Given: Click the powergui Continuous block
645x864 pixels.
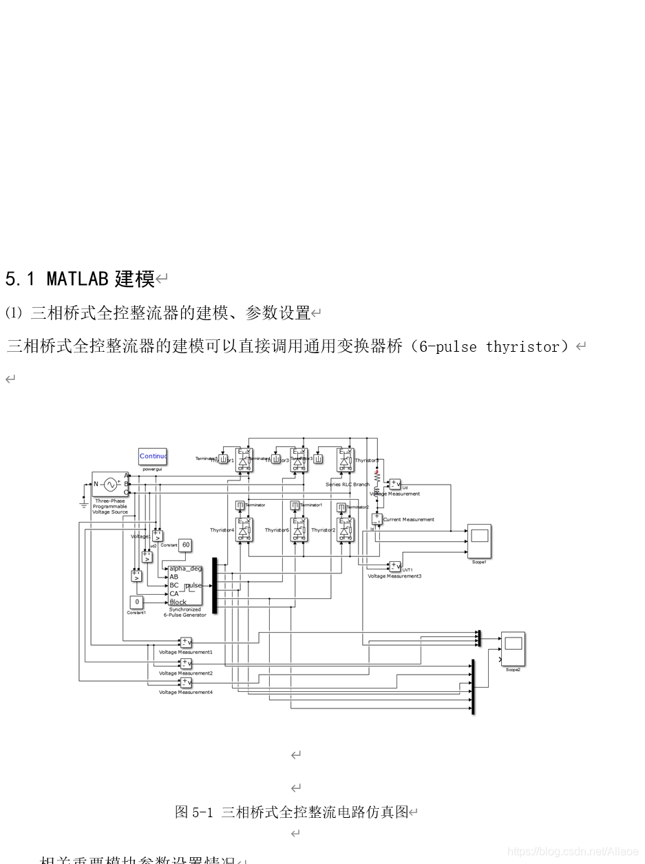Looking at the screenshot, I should pyautogui.click(x=153, y=456).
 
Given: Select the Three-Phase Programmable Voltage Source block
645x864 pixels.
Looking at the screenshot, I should pyautogui.click(x=110, y=484).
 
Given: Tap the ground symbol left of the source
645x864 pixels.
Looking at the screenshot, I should pyautogui.click(x=84, y=505).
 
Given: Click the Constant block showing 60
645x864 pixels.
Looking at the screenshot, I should pyautogui.click(x=185, y=545).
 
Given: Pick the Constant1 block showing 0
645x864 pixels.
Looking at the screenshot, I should pyautogui.click(x=137, y=602).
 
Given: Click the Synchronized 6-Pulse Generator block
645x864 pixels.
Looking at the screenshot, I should pyautogui.click(x=185, y=585).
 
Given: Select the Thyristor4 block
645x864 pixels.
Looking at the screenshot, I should pyautogui.click(x=244, y=530).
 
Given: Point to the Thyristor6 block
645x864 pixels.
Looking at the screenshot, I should pyautogui.click(x=299, y=530).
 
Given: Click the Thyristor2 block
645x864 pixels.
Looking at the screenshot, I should pyautogui.click(x=346, y=530).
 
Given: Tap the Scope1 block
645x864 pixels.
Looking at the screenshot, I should pyautogui.click(x=479, y=541).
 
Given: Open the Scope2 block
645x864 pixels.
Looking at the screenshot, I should pyautogui.click(x=513, y=649).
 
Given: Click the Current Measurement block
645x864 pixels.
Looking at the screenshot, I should pyautogui.click(x=377, y=519).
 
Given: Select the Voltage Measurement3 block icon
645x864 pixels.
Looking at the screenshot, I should pyautogui.click(x=394, y=567).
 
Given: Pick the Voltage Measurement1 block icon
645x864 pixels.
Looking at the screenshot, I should pyautogui.click(x=186, y=642).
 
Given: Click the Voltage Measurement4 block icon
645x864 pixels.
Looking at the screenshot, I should pyautogui.click(x=186, y=683).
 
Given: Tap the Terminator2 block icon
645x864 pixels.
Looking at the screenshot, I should pyautogui.click(x=341, y=507).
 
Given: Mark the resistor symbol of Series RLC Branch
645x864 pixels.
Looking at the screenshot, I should pyautogui.click(x=377, y=476).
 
